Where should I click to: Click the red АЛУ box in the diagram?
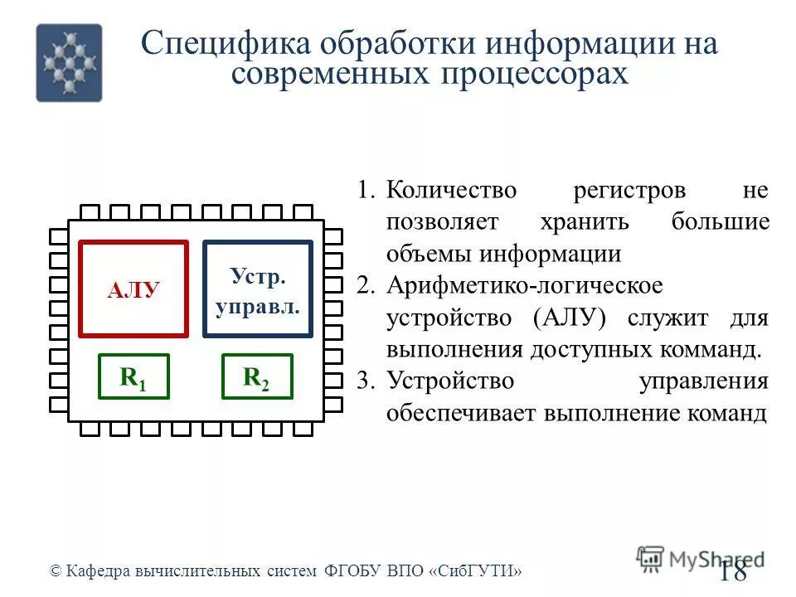coord(133,289)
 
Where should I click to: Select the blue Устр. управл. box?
coord(258,289)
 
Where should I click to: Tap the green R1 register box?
coord(133,376)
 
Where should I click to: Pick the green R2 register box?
coord(257,376)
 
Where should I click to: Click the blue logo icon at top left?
coord(69,62)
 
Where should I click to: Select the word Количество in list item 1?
coord(451,191)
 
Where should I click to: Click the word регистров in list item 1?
coord(629,191)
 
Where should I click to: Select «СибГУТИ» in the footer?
coord(477,570)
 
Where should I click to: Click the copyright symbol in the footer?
coord(56,570)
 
